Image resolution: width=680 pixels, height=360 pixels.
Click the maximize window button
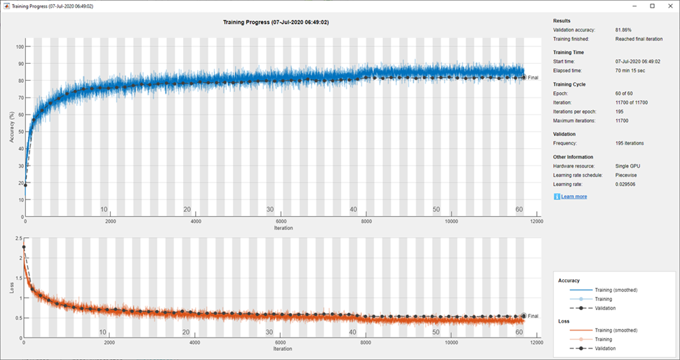(x=652, y=6)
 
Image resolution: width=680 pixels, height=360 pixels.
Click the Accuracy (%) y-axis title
(x=12, y=127)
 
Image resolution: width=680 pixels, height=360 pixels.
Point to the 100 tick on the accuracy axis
(x=20, y=47)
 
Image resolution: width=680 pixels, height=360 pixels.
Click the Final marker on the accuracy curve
(x=524, y=77)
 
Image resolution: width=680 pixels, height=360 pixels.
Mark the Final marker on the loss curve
(x=524, y=316)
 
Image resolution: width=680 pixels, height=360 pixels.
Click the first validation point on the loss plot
(x=25, y=247)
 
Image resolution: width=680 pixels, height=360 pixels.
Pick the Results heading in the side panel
(x=562, y=20)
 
